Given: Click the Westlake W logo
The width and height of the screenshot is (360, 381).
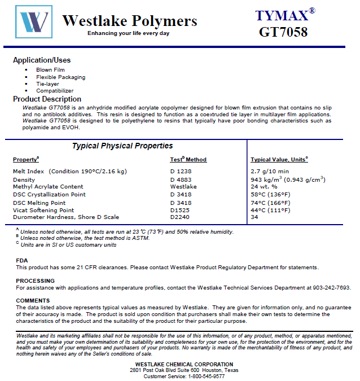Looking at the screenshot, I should [x=33, y=23].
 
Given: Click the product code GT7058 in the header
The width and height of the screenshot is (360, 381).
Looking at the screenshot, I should [x=283, y=32].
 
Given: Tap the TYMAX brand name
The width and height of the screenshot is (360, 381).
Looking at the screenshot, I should [x=281, y=15].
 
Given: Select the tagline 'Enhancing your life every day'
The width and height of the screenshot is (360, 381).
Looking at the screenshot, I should [x=128, y=33].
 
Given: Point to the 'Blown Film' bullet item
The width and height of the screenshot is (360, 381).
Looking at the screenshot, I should [x=50, y=70].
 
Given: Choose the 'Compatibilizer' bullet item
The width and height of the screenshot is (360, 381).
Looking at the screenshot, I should [x=55, y=90].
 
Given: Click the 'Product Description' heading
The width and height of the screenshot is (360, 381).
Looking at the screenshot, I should [x=47, y=99].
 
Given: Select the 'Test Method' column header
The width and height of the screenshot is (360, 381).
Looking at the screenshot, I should [x=188, y=160].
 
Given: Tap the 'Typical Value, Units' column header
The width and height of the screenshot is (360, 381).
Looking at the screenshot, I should [x=279, y=160].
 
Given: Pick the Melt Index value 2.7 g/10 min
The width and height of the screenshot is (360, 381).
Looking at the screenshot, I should [x=270, y=171].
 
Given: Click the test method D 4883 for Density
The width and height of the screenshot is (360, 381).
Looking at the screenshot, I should [x=181, y=179].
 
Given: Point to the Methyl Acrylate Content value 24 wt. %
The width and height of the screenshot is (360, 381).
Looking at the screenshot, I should [x=264, y=186].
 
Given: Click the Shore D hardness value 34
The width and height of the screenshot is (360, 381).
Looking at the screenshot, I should [x=254, y=217].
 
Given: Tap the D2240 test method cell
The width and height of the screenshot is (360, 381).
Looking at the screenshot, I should [x=180, y=217].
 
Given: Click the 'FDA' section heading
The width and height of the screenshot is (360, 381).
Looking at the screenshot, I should [x=21, y=260].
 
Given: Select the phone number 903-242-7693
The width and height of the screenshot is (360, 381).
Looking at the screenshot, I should [x=332, y=287].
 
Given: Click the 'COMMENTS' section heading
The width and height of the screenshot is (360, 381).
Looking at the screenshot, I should [x=33, y=300].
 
